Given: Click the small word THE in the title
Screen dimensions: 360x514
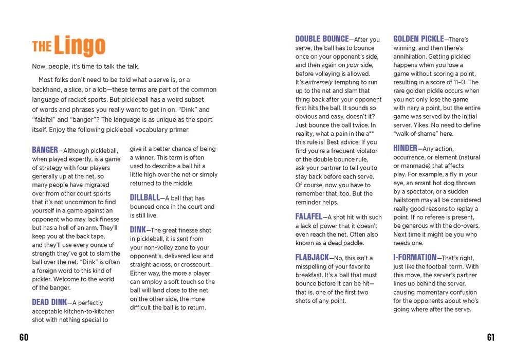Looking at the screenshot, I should click(42, 47).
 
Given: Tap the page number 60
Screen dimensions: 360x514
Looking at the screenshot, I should click(24, 337).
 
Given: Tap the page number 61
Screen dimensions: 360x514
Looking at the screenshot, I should click(490, 337).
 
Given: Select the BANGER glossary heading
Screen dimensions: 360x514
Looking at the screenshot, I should click(45, 150).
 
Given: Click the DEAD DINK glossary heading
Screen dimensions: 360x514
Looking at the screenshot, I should click(49, 302).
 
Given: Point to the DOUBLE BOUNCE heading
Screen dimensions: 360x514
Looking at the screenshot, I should click(322, 39).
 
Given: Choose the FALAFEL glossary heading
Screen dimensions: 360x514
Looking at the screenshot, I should click(308, 217).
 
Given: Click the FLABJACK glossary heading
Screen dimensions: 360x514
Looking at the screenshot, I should click(311, 257).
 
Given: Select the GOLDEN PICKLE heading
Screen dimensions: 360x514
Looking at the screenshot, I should click(418, 39).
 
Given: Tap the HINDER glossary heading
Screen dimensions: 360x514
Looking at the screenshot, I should click(405, 149).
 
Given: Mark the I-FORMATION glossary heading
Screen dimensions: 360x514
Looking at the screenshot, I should click(415, 257).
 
